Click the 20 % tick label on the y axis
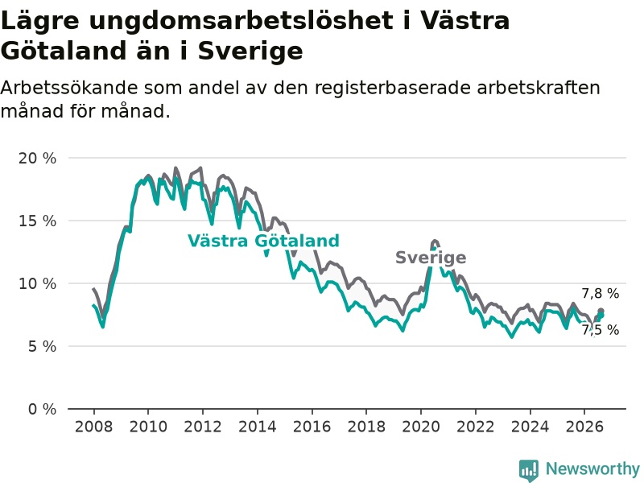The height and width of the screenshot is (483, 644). coord(37,158)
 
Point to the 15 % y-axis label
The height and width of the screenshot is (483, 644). coord(37,221)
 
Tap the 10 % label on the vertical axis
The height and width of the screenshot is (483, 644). coord(37,284)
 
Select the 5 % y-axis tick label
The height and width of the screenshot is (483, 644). coord(42,347)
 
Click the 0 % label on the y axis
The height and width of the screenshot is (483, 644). coord(42,409)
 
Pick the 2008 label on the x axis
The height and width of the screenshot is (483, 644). coord(93,427)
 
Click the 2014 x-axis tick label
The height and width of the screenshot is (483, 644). coord(257,427)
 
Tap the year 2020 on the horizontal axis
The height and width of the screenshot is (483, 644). coord(420,427)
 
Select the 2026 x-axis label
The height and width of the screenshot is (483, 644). coord(584,427)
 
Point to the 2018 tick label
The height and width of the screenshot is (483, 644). coord(366,427)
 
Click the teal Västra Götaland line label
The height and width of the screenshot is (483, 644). coord(264,241)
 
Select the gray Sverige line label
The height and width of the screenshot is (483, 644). coord(431,258)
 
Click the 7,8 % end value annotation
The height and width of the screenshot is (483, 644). coord(600,293)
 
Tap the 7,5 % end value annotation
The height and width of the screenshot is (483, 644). coord(600,330)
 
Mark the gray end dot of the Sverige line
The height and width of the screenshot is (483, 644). coord(601,311)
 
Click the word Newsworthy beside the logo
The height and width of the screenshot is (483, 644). coord(592,469)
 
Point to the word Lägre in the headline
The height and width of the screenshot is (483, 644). coord(39,21)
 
